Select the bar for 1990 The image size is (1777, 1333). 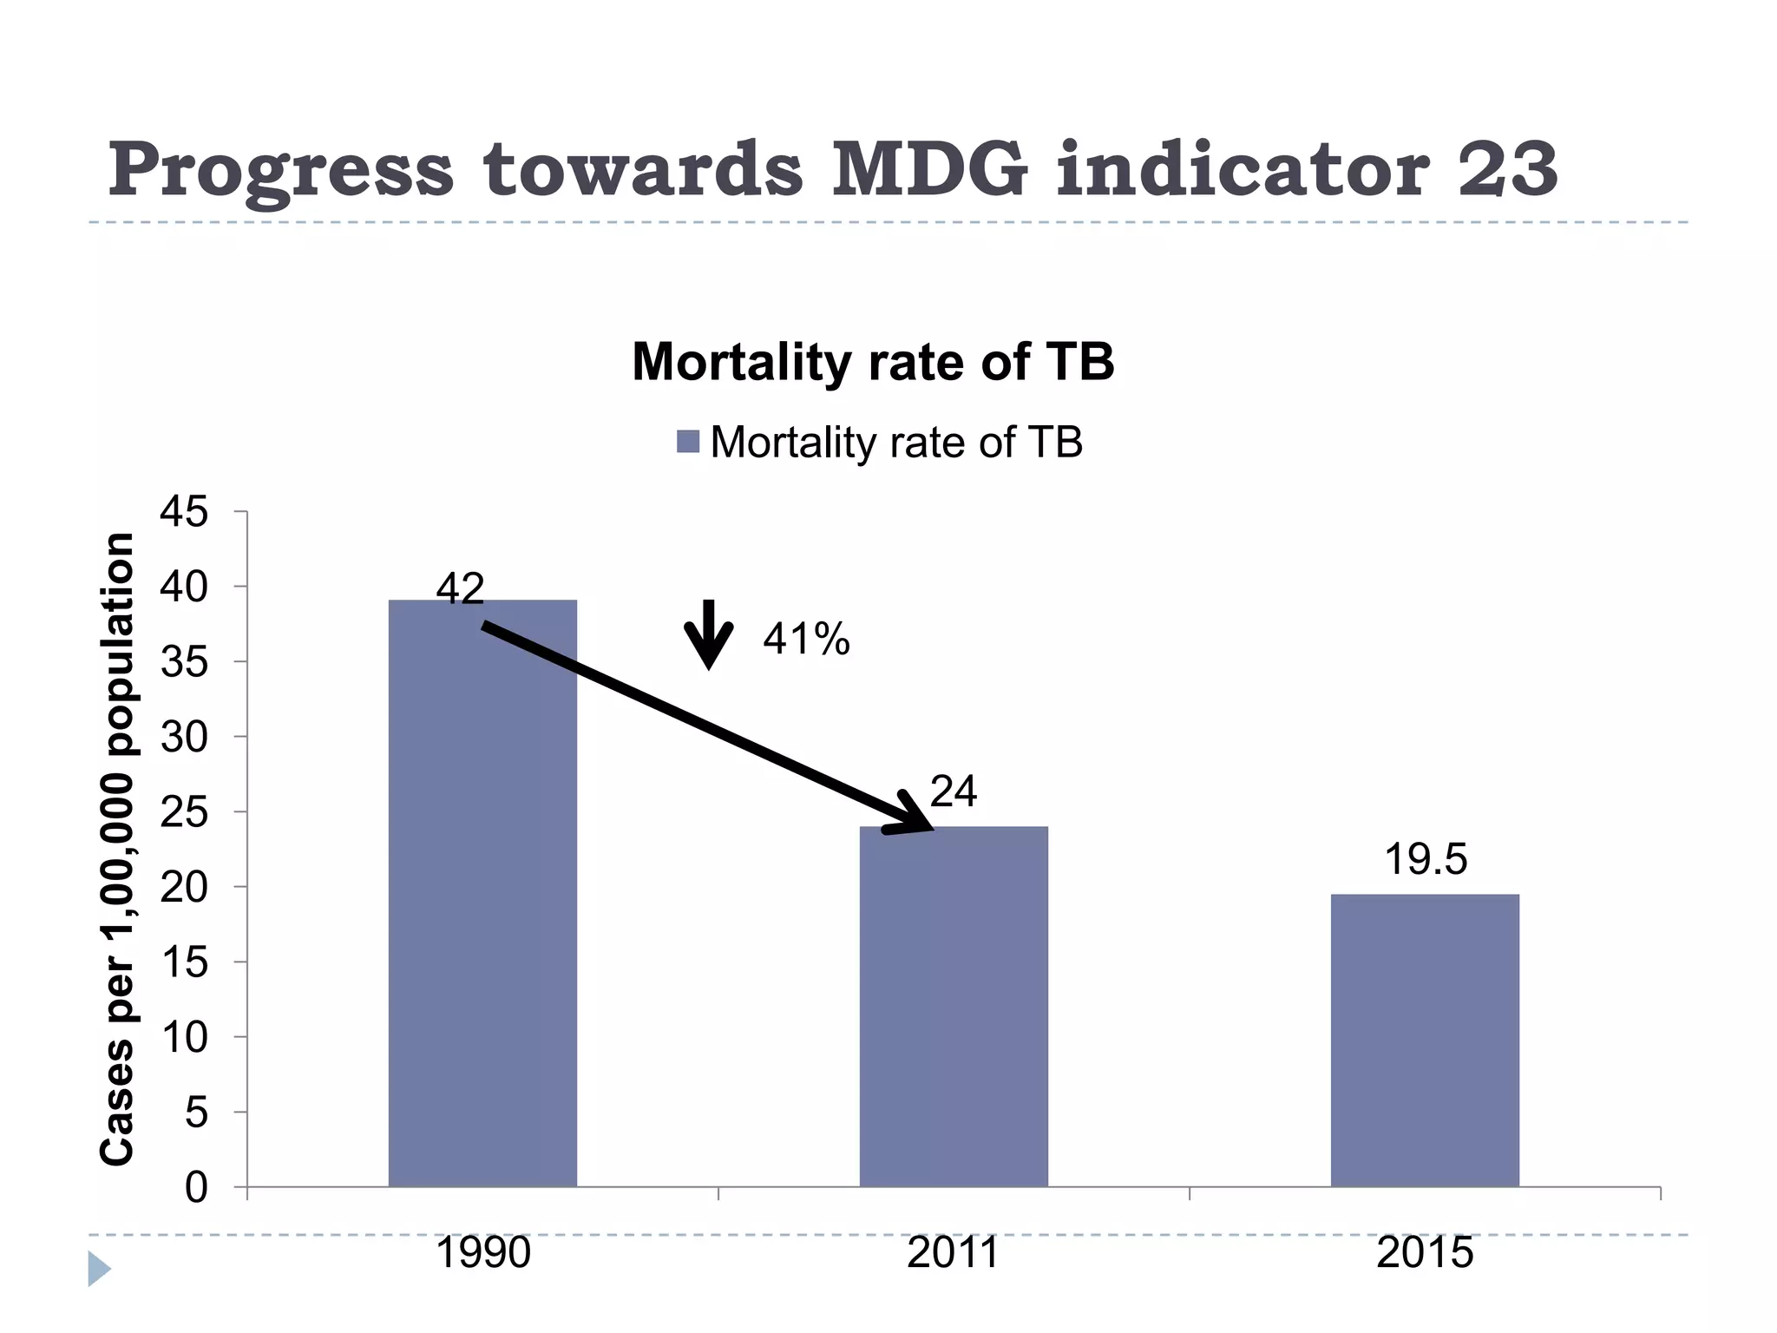[482, 894]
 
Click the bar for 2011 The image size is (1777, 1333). [954, 1007]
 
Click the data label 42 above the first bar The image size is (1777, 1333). [460, 589]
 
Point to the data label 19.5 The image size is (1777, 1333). [1426, 859]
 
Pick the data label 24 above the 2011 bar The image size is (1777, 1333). [954, 791]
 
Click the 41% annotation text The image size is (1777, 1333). [806, 640]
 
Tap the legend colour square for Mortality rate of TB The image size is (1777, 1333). [688, 442]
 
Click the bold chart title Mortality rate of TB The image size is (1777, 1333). [873, 361]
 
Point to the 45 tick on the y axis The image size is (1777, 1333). [184, 512]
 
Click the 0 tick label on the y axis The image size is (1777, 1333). [196, 1187]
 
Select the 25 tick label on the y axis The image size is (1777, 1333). [184, 812]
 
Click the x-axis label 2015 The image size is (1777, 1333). [1425, 1253]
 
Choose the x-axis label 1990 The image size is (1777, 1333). [482, 1253]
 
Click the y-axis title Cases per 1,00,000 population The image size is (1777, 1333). [118, 849]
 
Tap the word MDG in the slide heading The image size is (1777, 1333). [929, 169]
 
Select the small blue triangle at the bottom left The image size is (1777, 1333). [98, 1269]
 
